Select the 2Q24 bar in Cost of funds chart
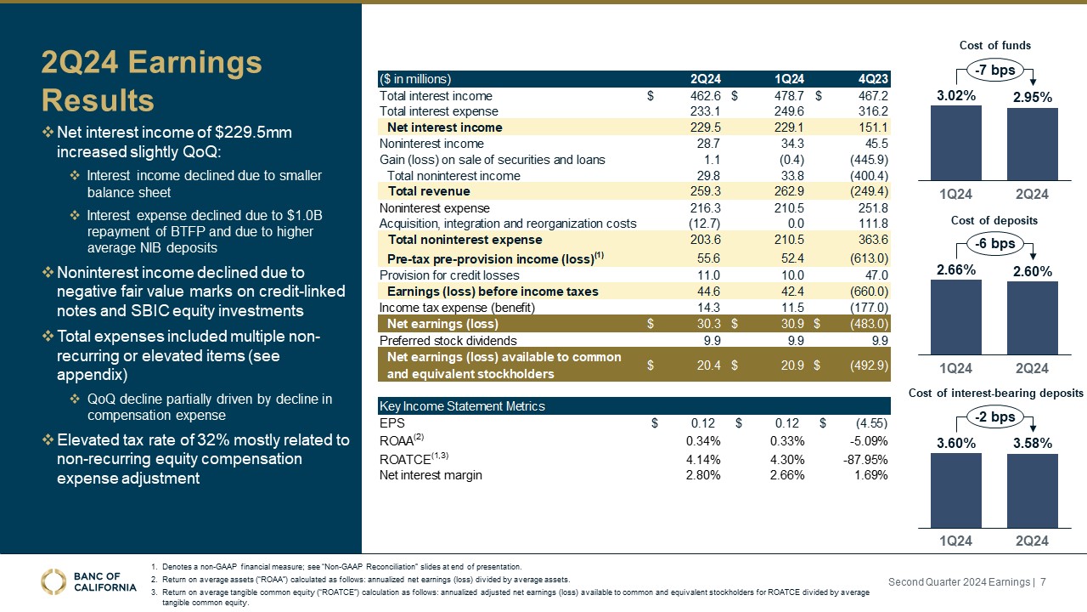coord(1032,144)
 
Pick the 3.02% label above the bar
coord(956,96)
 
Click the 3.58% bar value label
coord(1032,443)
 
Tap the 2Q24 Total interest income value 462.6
coord(703,96)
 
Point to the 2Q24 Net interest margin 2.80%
coord(703,474)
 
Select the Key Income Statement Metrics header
coord(462,406)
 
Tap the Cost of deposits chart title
coord(994,220)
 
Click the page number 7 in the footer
coord(1043,581)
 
